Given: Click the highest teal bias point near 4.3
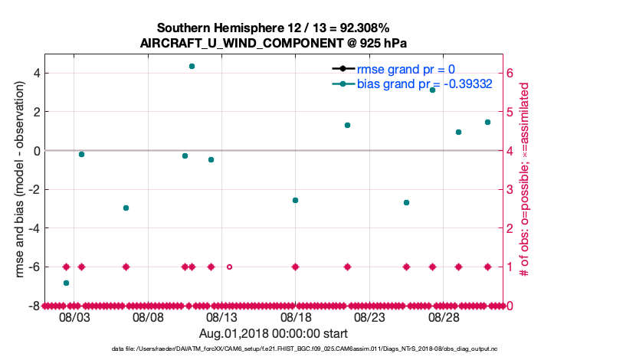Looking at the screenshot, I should pos(192,67).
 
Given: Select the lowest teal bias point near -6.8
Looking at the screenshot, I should pos(66,283).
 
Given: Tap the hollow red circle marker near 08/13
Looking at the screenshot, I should pos(229,267).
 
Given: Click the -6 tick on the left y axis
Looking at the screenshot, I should pos(35,267).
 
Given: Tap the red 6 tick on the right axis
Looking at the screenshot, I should pos(511,74).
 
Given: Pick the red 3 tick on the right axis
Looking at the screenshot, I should pos(511,189).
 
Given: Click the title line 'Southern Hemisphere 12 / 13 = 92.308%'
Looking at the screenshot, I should pos(278,28).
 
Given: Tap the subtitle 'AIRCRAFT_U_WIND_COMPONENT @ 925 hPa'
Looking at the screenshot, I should pos(278,43).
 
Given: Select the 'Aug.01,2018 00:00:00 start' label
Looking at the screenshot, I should pos(274,333).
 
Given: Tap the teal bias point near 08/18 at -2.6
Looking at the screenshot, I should pos(295,200).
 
